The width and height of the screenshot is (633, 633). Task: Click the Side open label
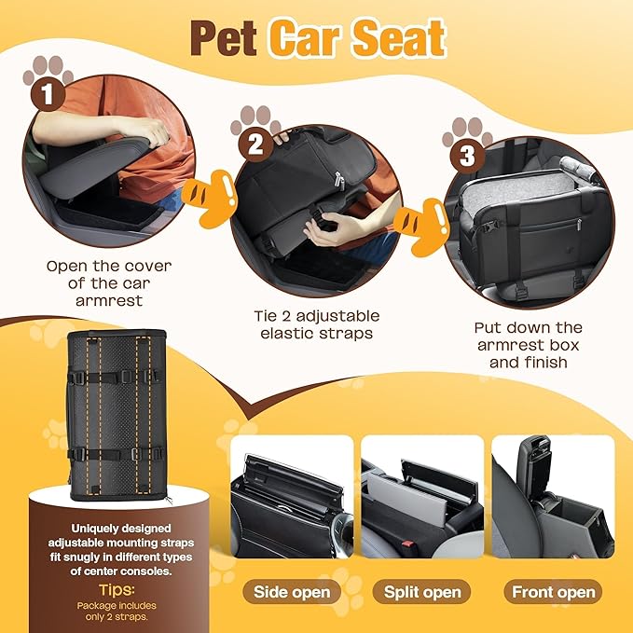point(292,592)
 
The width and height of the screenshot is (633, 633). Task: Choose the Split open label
point(421,592)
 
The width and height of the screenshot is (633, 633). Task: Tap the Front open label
point(553,592)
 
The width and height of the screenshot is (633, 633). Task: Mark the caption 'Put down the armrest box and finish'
point(528,344)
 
